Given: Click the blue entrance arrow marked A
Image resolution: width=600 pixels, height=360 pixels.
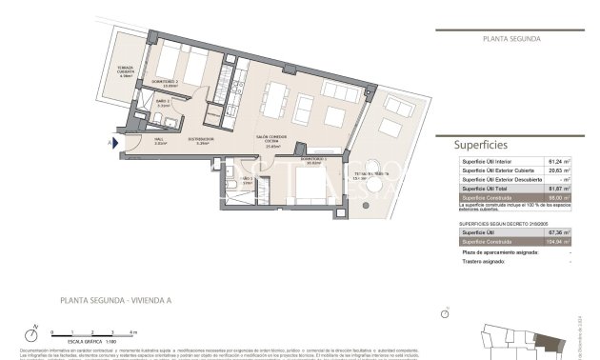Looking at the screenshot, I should click(x=112, y=143).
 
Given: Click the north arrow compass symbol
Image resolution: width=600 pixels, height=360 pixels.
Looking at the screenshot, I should click(x=33, y=335).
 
